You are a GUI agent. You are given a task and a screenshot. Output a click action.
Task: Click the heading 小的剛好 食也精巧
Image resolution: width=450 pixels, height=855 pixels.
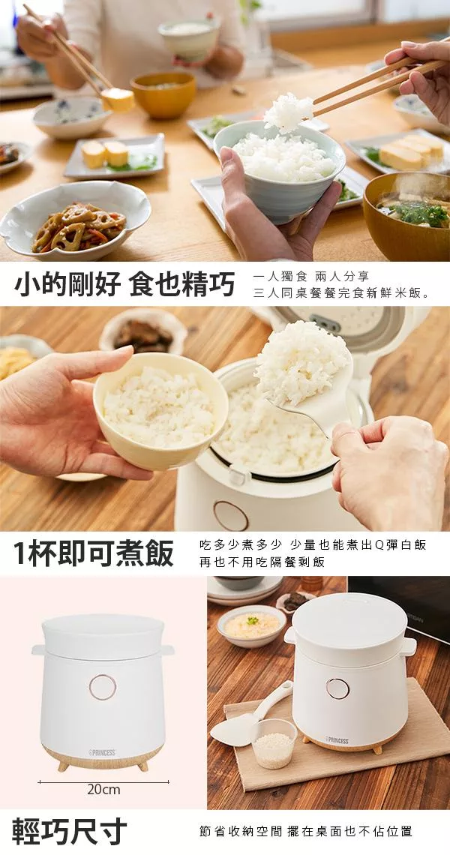point(124,284)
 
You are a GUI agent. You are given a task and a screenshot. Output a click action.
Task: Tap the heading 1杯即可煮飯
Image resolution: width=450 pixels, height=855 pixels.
point(93,553)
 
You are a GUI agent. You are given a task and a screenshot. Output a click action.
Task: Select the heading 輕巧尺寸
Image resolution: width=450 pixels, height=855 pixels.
point(69,831)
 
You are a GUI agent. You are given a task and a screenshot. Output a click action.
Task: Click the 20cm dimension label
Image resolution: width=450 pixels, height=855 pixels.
point(103,788)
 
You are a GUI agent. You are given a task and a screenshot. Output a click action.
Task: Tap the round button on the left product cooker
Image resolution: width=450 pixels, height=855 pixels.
point(103,687)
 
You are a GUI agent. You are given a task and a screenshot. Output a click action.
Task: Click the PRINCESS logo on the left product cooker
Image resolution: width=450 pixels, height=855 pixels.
point(102,752)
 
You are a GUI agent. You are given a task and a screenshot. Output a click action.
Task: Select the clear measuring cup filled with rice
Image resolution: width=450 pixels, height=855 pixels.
point(274,743)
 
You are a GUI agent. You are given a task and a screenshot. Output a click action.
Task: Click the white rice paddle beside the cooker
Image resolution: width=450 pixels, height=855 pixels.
point(251,714)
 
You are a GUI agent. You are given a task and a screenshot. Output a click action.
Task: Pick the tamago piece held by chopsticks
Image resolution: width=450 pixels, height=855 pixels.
point(118,100)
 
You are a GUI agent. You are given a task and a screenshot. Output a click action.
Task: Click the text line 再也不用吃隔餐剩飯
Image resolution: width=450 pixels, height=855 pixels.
point(262,562)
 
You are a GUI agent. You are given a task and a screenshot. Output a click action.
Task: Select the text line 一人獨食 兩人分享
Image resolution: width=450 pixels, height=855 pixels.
point(311,277)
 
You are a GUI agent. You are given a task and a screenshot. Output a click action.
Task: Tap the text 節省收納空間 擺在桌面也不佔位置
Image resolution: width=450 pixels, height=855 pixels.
point(305,832)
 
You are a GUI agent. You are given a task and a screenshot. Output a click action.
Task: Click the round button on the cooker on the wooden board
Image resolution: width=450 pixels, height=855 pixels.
point(337,688)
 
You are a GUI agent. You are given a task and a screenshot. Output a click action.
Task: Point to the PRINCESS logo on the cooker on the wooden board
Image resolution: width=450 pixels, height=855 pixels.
point(337,740)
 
